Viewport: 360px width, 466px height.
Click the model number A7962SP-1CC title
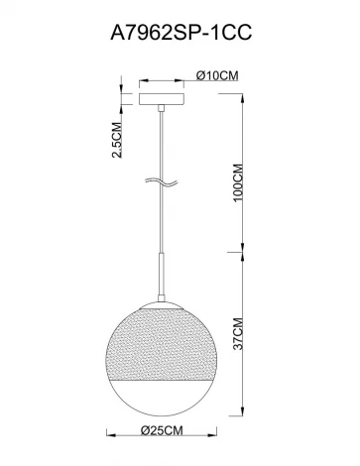(180, 33)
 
